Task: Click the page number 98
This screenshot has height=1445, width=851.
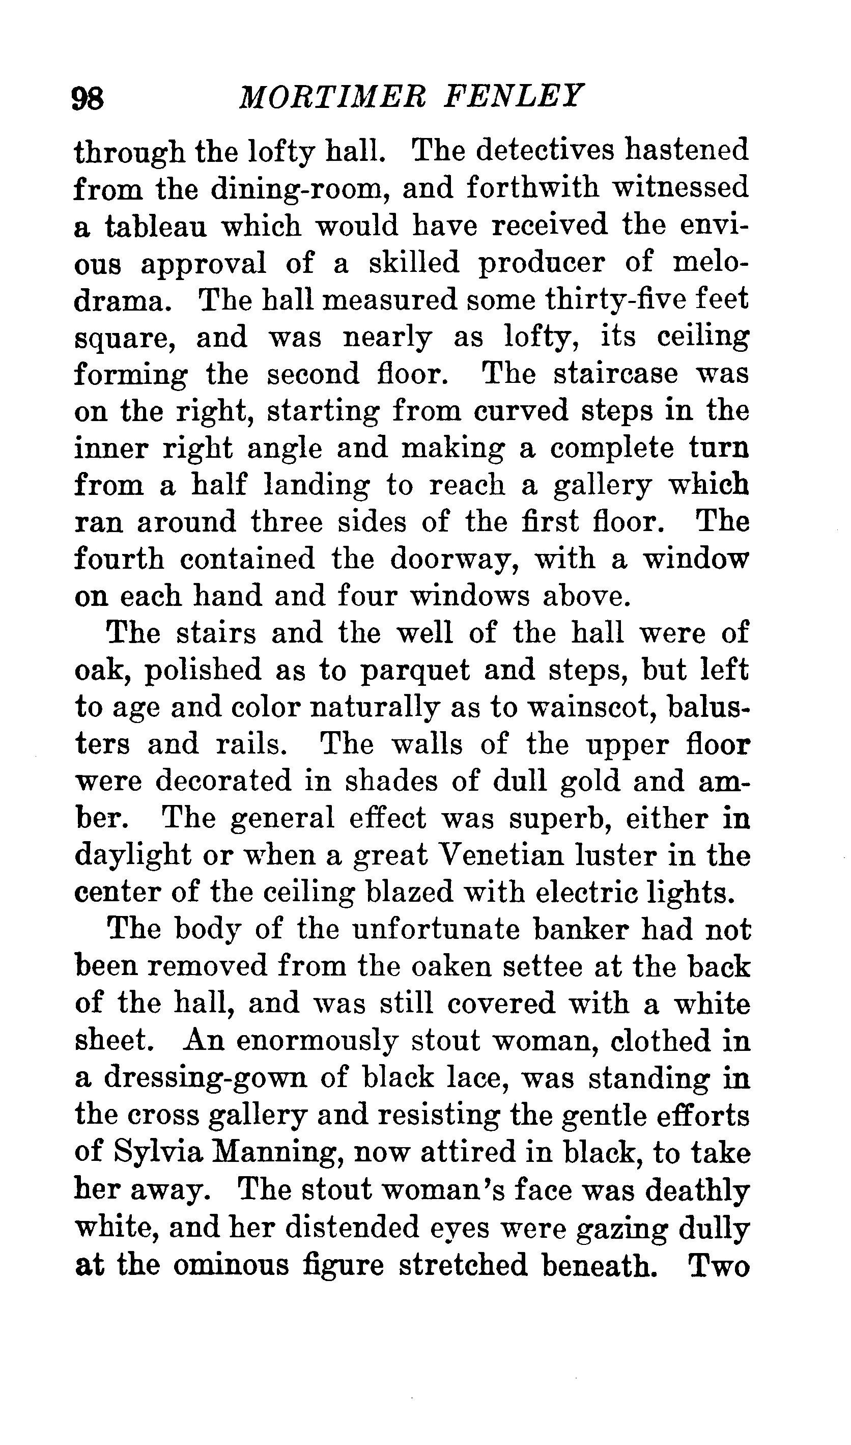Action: tap(88, 98)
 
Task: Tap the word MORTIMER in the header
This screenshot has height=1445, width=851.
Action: tap(332, 96)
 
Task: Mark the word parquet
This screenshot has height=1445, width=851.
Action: tap(415, 671)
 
